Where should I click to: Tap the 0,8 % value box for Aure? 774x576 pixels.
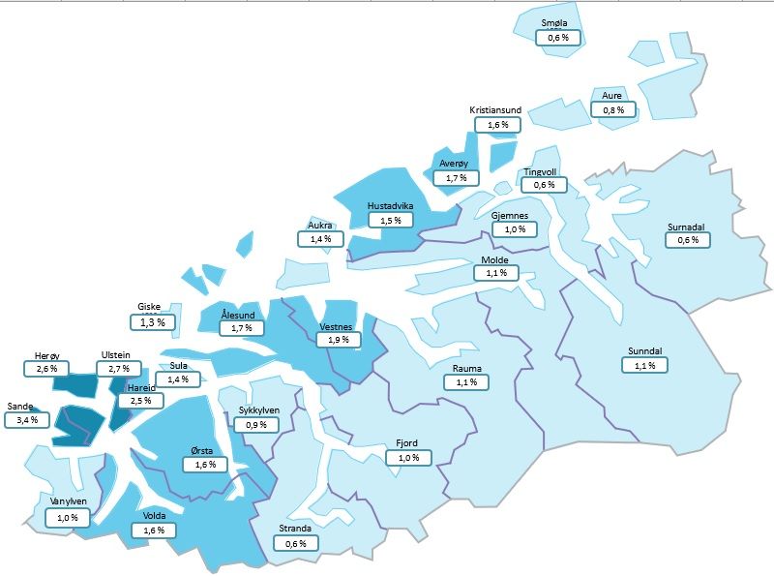(613, 109)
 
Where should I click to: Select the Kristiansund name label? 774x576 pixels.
(495, 110)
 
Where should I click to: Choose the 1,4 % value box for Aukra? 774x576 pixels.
(320, 238)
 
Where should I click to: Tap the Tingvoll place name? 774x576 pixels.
(541, 172)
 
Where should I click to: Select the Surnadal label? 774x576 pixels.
(686, 227)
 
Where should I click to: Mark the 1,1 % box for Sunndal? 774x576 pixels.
(644, 365)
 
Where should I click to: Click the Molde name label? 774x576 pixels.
(495, 260)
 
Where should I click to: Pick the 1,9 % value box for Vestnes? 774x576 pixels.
(339, 340)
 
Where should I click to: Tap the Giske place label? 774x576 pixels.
(149, 306)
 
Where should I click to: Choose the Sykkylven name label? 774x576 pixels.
(259, 410)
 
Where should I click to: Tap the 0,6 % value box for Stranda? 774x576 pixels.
(296, 543)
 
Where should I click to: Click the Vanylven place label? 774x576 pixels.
(68, 501)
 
